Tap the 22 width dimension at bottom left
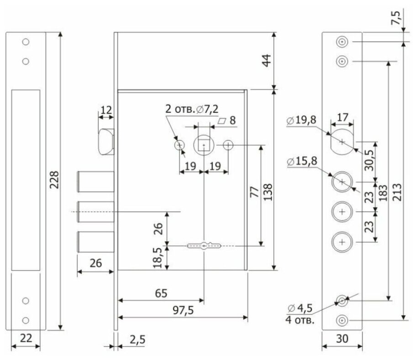[x=26, y=338]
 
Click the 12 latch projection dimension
[x=106, y=110]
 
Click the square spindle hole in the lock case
[x=204, y=145]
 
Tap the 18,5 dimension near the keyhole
[x=158, y=258]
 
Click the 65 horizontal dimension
[x=160, y=293]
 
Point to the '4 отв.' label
[x=300, y=320]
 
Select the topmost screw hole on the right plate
[x=342, y=42]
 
